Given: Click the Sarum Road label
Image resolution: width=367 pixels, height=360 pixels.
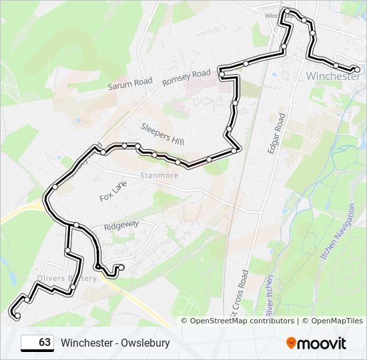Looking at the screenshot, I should (x=131, y=83).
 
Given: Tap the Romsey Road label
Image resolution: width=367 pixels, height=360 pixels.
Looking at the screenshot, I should (x=186, y=77).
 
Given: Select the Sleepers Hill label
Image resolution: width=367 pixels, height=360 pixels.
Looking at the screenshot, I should (x=162, y=134).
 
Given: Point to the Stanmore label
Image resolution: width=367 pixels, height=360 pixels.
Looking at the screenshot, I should (x=159, y=175).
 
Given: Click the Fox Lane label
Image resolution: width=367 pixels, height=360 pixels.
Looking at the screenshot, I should (x=113, y=193).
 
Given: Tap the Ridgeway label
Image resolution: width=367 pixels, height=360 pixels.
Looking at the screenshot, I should (x=121, y=225).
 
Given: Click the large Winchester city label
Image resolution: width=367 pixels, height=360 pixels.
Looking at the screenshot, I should (x=332, y=77).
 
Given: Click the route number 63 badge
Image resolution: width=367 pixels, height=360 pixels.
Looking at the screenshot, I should (x=37, y=343).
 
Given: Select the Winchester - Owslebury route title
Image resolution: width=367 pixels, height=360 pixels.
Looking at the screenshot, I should (x=115, y=343).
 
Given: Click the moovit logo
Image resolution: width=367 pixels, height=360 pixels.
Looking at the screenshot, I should (x=316, y=343).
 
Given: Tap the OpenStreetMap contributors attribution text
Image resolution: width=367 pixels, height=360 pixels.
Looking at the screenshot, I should (x=242, y=321).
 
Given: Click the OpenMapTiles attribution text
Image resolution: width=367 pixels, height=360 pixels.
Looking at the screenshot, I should (x=332, y=321).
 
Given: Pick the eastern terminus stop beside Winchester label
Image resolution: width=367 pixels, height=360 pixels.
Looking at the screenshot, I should (x=357, y=69).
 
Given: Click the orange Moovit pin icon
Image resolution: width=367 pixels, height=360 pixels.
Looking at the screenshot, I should (x=292, y=343).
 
